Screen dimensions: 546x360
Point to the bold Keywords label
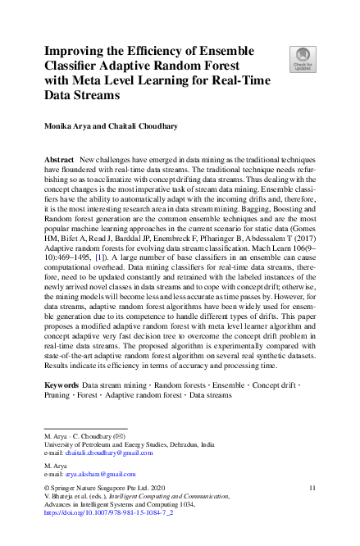(62, 384)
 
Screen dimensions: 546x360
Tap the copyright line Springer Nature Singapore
(108, 487)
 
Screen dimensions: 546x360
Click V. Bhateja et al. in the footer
(74, 496)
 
